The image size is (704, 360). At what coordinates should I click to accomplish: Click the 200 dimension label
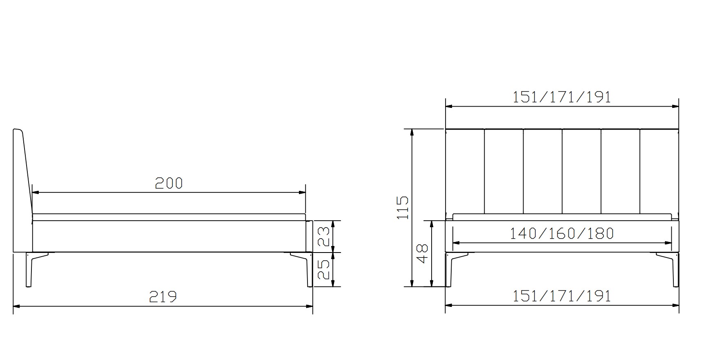(x=169, y=183)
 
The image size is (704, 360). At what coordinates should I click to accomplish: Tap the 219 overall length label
(x=163, y=297)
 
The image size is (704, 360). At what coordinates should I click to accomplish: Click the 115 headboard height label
(x=403, y=208)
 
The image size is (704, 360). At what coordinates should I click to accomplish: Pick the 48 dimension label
(x=423, y=253)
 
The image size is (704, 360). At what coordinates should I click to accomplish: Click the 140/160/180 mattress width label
(x=562, y=233)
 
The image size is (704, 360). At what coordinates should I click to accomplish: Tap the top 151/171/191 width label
(x=562, y=97)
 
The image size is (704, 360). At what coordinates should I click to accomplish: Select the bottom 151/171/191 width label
(x=562, y=296)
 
